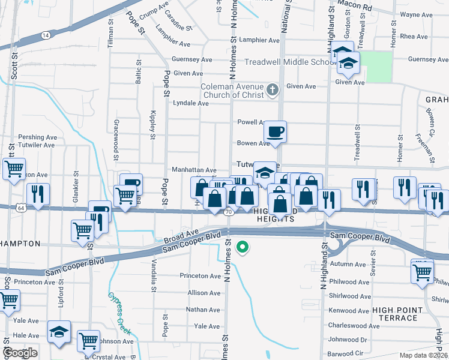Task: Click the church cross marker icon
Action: tap(273, 90)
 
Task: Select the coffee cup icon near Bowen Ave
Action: tap(275, 131)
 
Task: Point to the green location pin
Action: tap(243, 246)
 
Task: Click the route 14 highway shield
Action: tap(46, 35)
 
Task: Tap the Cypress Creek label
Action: tap(119, 312)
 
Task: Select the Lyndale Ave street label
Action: tap(191, 103)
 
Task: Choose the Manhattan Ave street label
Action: tap(194, 170)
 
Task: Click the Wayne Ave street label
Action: tap(417, 14)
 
